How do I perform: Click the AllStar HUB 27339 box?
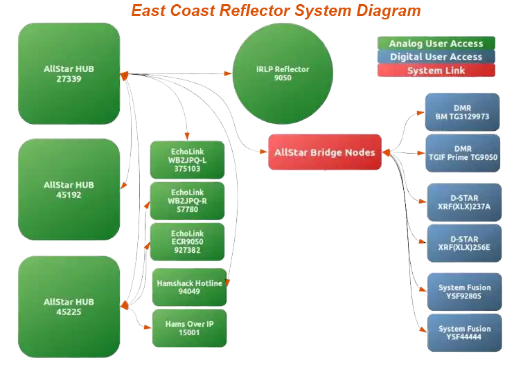69,73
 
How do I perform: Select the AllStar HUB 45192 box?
69,189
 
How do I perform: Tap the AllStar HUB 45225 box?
69,306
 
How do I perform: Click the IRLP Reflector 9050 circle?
282,73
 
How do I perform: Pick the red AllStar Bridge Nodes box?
324,152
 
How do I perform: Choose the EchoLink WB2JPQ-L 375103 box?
187,159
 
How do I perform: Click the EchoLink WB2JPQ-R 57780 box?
187,201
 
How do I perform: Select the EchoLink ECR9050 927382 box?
187,242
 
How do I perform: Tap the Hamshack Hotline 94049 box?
189,287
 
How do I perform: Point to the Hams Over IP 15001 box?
189,328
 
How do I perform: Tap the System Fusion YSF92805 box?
464,292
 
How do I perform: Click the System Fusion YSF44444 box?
464,333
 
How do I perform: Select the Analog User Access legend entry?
436,44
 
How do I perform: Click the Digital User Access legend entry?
436,57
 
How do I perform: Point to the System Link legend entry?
436,71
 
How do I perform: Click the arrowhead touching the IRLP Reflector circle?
229,73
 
